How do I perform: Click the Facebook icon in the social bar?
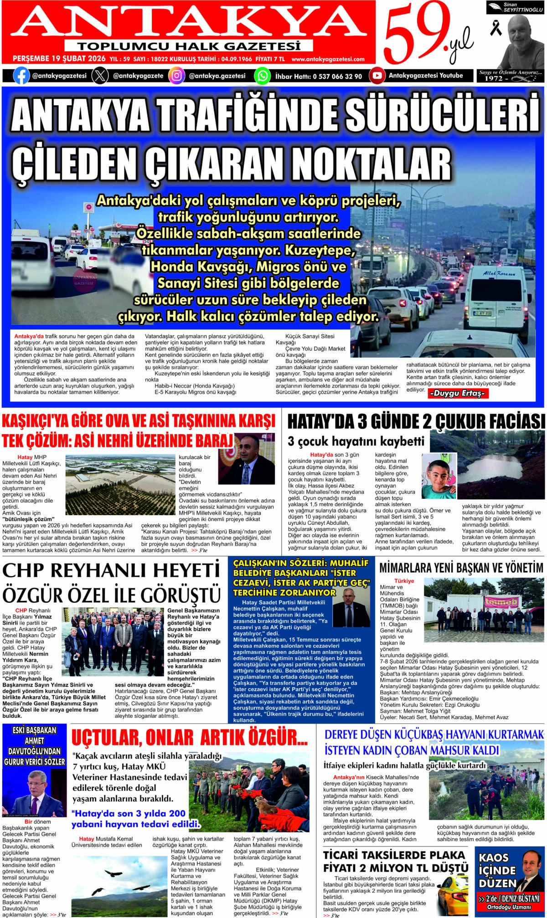[x=21, y=76]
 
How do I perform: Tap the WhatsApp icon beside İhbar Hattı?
[x=262, y=76]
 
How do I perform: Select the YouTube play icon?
[x=377, y=76]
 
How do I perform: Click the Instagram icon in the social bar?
[x=176, y=76]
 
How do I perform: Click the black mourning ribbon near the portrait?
[x=495, y=28]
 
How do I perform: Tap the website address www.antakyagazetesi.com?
[x=328, y=59]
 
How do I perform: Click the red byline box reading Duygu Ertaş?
[x=458, y=393]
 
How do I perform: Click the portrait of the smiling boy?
[x=439, y=476]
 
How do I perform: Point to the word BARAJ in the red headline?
[x=214, y=441]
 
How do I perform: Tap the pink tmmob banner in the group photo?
[x=501, y=602]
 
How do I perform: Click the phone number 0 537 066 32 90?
[x=337, y=77]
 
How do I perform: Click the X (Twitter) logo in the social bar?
[x=100, y=76]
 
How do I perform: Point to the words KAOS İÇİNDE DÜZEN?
[x=497, y=870]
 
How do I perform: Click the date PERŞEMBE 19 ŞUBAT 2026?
[x=59, y=59]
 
